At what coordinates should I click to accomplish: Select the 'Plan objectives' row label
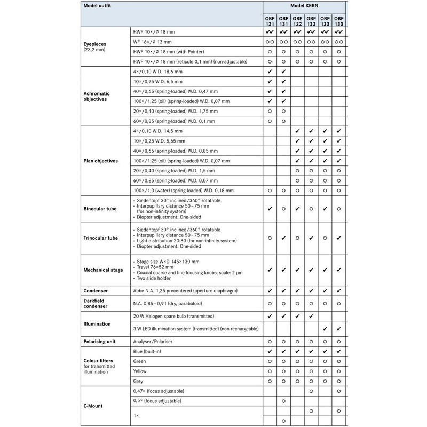click(x=98, y=160)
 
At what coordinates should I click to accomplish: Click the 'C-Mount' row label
click(x=93, y=406)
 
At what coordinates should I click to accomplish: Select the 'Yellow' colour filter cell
click(x=140, y=371)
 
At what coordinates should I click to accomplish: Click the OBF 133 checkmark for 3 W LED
click(x=339, y=328)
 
